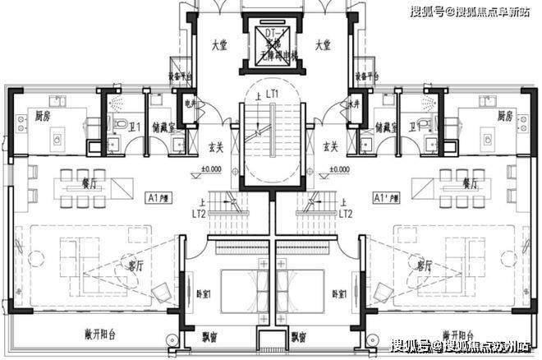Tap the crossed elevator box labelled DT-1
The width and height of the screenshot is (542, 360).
pyautogui.click(x=270, y=38)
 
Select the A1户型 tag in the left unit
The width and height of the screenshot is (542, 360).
pyautogui.click(x=158, y=198)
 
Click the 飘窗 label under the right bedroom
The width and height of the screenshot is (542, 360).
pyautogui.click(x=299, y=338)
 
